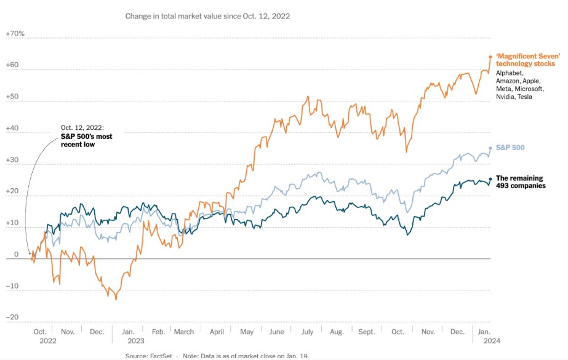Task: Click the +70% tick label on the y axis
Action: click(15, 33)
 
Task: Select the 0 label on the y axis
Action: click(17, 254)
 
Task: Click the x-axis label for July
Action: click(307, 332)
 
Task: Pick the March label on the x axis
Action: click(184, 332)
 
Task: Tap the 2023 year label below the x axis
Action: click(136, 340)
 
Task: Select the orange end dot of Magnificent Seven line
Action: click(490, 57)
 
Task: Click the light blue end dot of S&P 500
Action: click(490, 148)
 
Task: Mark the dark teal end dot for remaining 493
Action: click(490, 179)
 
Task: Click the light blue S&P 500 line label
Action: click(510, 148)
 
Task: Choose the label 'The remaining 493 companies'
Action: click(520, 182)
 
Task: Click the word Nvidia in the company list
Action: click(506, 97)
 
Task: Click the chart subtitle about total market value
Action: click(207, 16)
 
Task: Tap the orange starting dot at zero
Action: click(33, 258)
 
